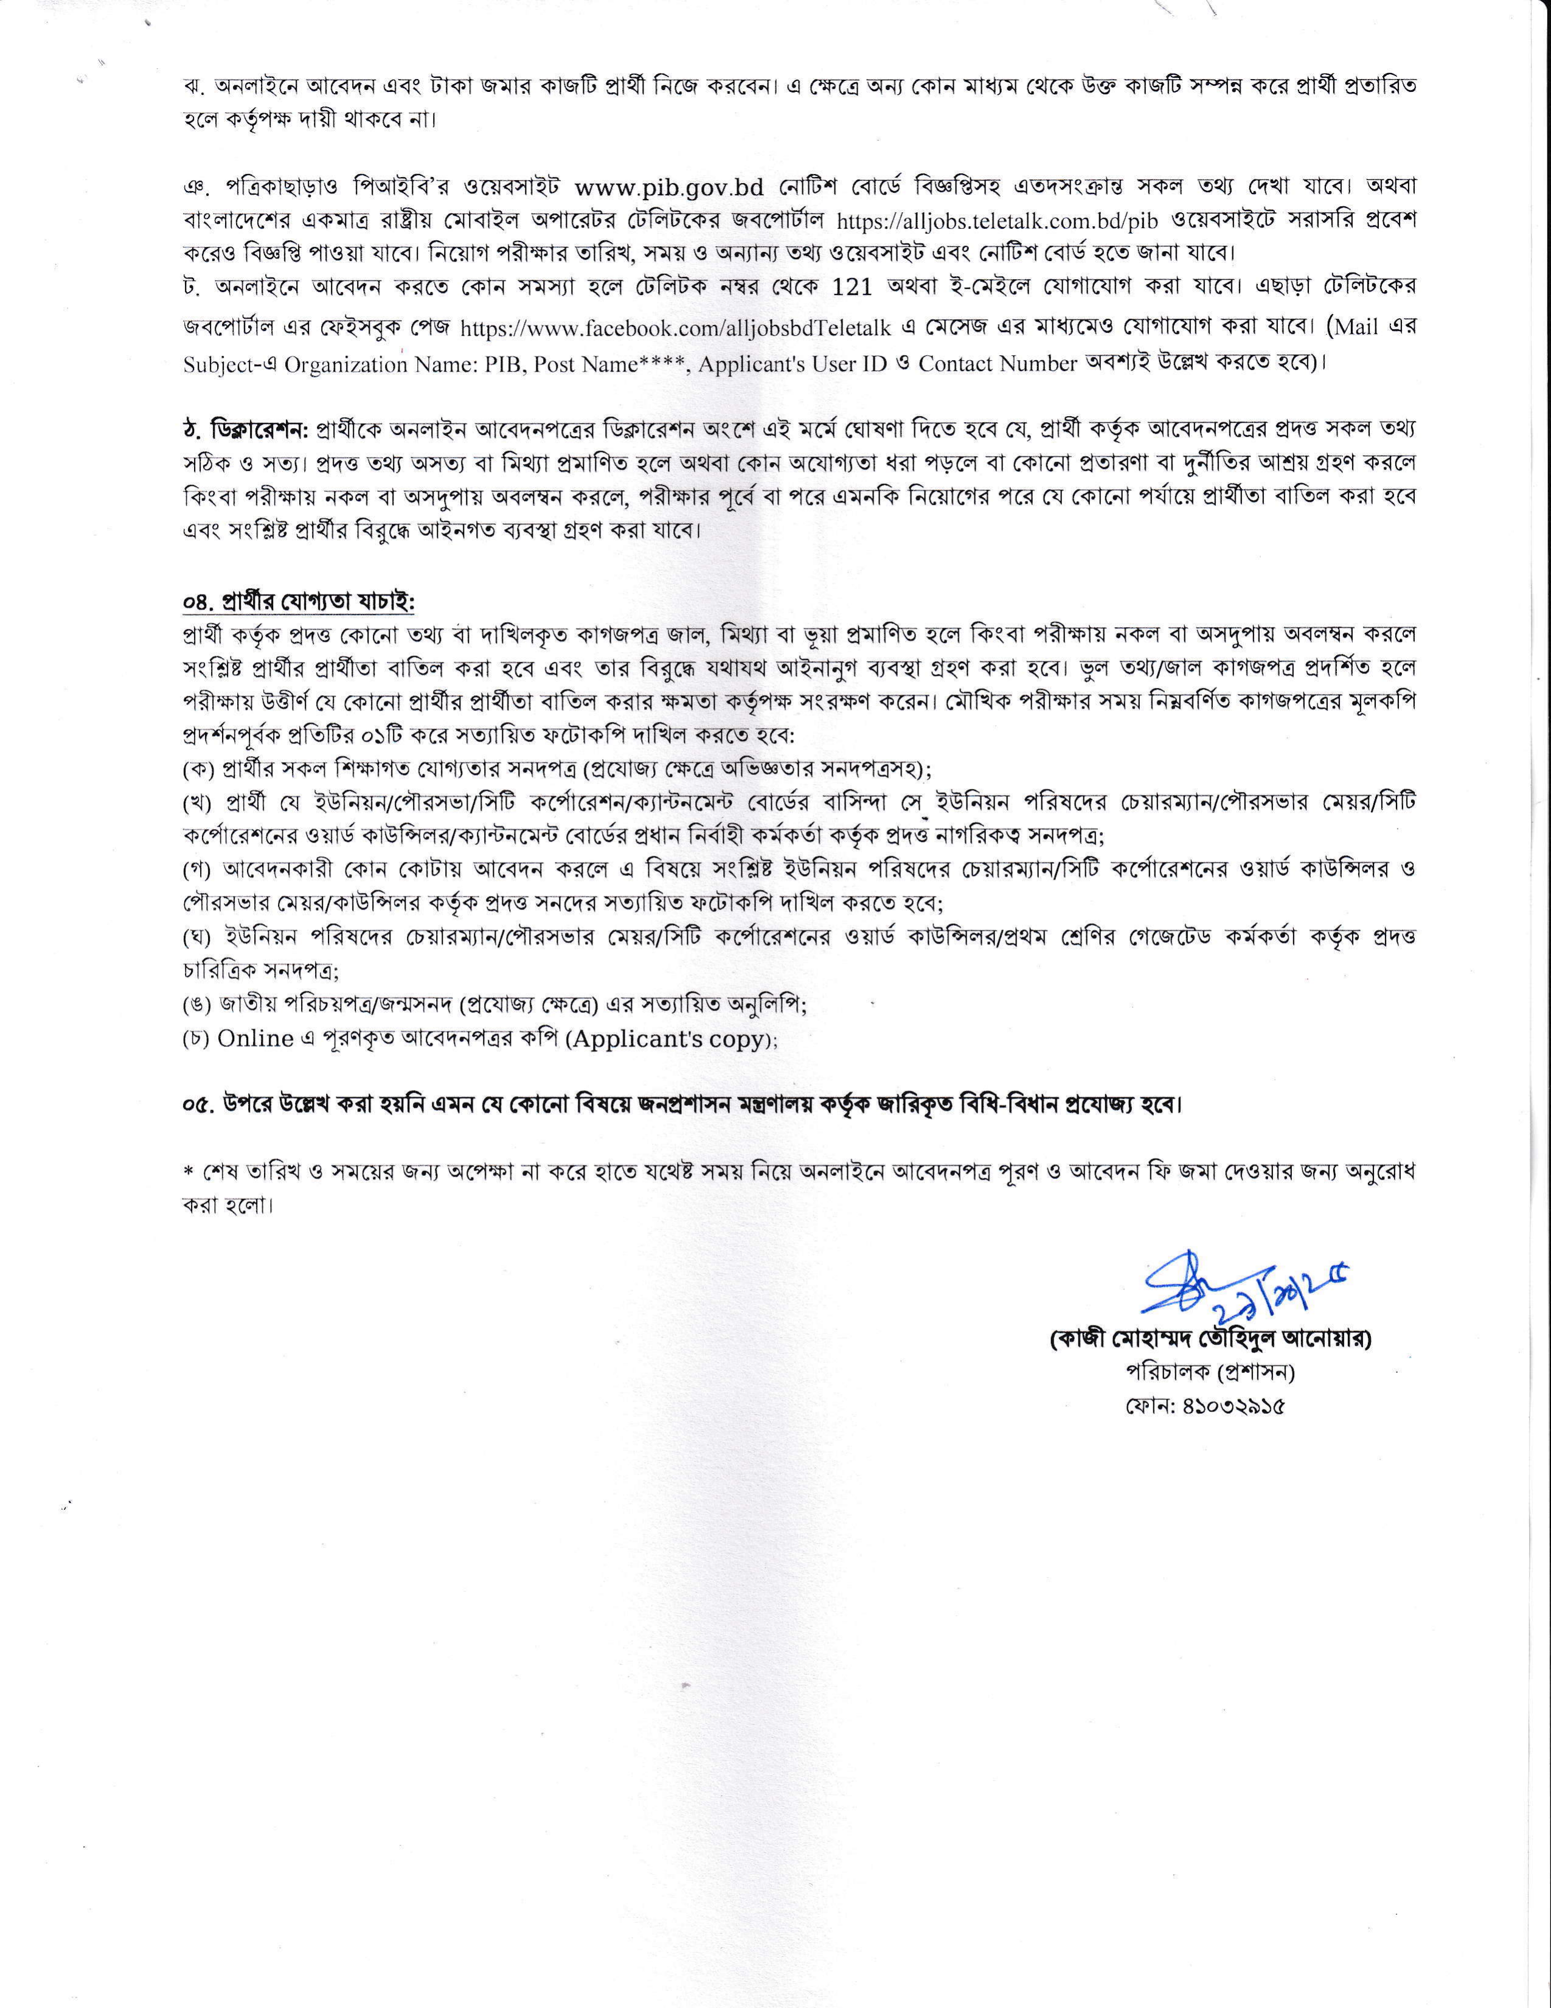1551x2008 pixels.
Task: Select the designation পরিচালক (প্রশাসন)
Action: tap(1210, 1372)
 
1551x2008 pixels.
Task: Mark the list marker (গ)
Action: tap(196, 870)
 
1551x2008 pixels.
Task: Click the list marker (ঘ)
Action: tap(196, 937)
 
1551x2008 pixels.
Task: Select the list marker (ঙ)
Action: tap(196, 1005)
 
